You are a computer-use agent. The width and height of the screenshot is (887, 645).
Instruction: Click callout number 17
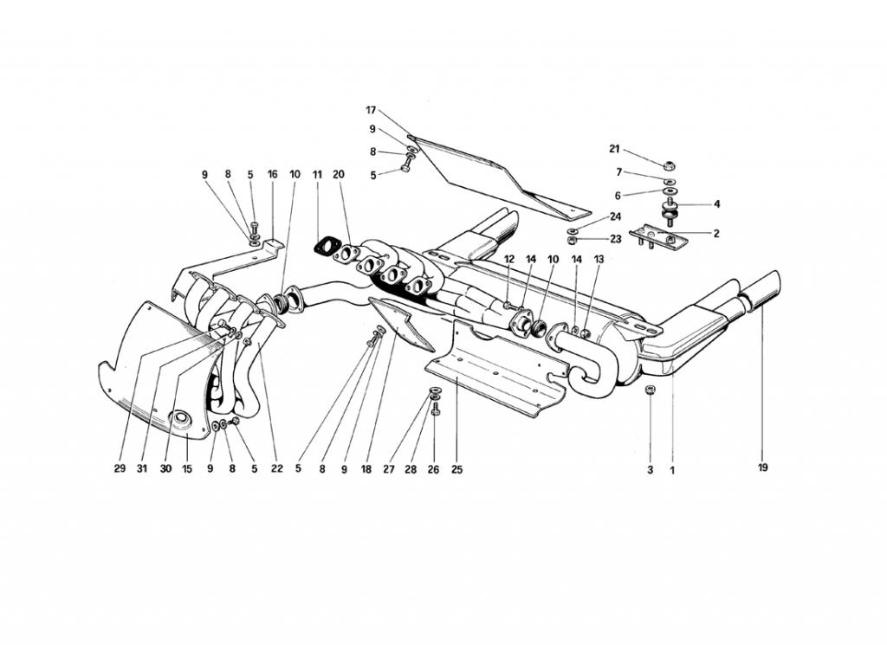[x=371, y=110]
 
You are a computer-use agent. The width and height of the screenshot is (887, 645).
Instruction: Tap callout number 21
[x=614, y=149]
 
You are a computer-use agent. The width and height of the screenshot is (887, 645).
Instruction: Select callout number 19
[x=762, y=468]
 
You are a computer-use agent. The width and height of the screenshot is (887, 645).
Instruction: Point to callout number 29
[x=120, y=468]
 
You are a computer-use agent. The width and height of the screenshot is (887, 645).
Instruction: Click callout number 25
[x=456, y=469]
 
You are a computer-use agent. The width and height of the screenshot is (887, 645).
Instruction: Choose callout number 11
[x=317, y=175]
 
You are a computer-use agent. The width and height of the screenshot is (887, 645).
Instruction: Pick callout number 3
[x=650, y=469]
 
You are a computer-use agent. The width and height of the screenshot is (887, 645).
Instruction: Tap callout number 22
[x=276, y=468]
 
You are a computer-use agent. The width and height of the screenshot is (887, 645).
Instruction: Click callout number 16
[x=272, y=175]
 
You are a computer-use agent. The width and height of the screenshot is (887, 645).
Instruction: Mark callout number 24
[x=616, y=216]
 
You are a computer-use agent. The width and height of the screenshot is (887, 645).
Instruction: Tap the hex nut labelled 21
[x=669, y=165]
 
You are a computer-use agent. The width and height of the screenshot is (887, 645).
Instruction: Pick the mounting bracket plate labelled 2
[x=657, y=237]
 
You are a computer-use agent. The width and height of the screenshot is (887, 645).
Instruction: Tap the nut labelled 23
[x=572, y=241]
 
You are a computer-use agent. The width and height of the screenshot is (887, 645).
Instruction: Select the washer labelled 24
[x=572, y=230]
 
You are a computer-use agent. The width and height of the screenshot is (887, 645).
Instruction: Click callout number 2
[x=716, y=233]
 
